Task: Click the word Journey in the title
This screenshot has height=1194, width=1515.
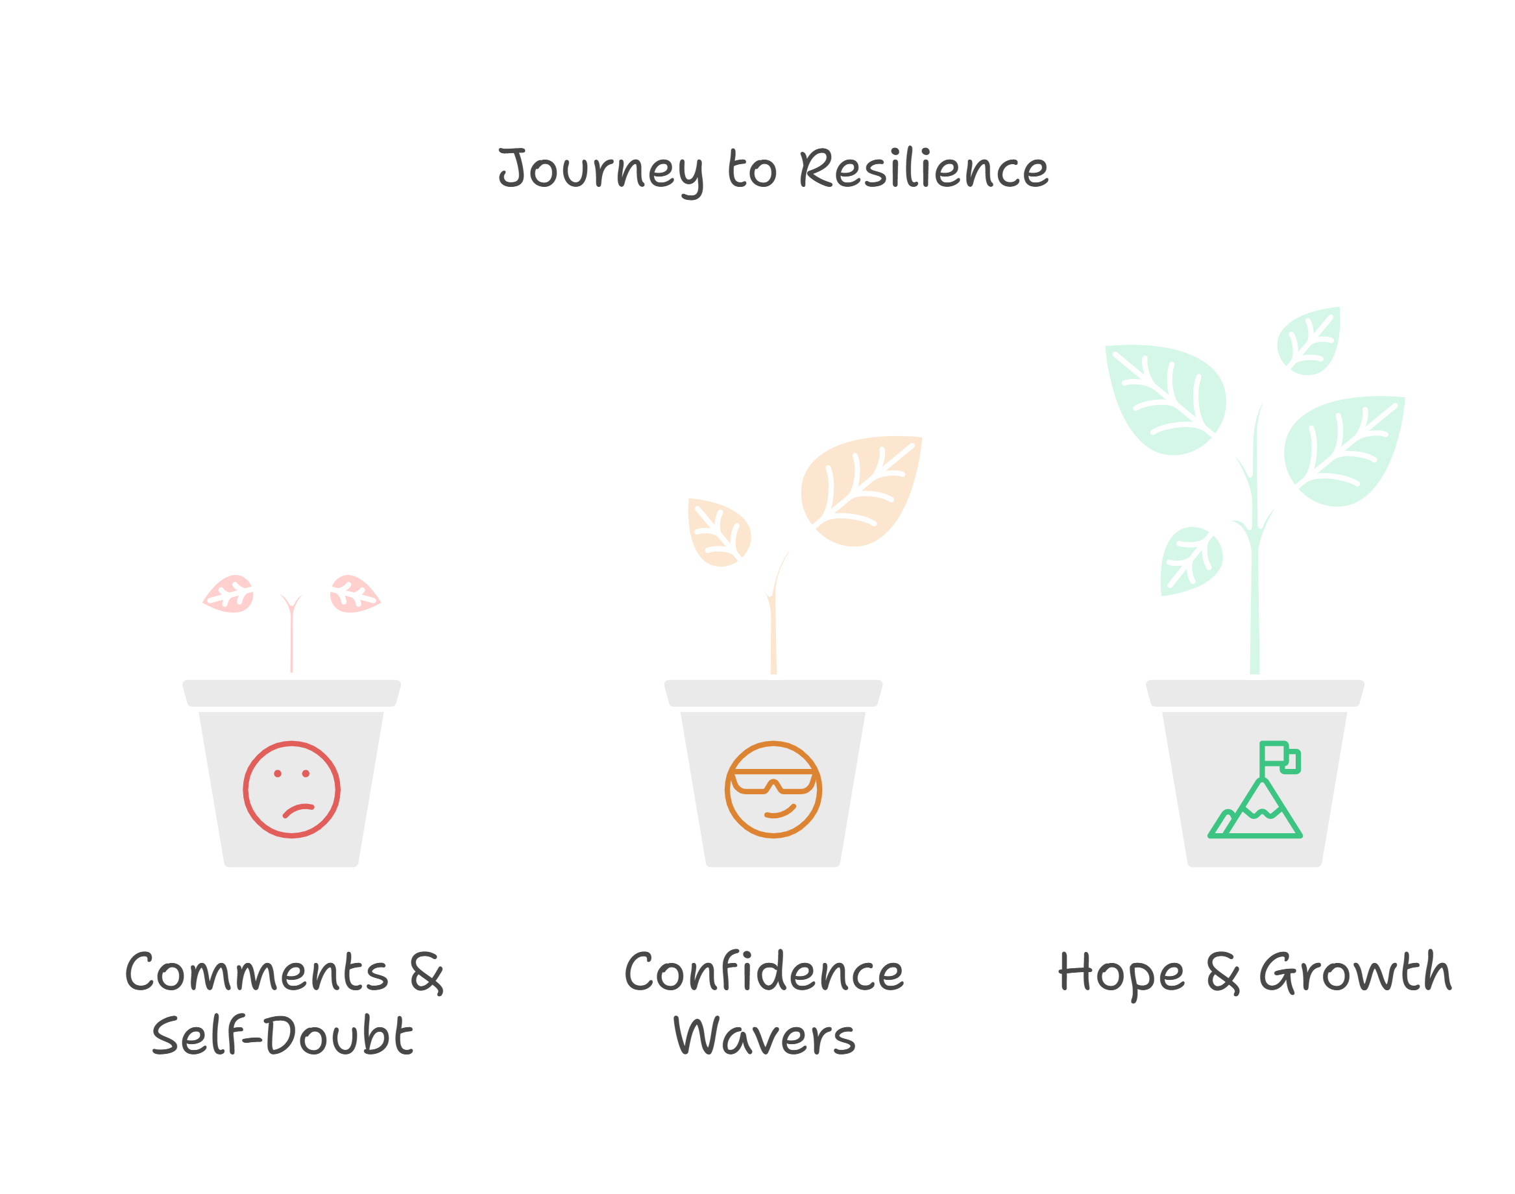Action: [x=601, y=170]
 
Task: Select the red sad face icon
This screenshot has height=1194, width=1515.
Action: [x=291, y=789]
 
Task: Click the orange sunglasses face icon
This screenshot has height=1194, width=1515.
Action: [x=773, y=789]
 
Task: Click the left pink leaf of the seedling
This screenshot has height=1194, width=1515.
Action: [x=228, y=594]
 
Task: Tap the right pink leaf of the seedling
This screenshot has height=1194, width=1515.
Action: [x=354, y=594]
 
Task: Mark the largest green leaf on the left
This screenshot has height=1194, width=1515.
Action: [x=1165, y=398]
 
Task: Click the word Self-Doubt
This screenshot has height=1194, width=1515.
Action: [x=282, y=1036]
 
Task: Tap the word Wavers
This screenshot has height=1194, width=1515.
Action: [x=764, y=1037]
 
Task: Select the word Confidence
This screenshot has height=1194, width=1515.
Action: [x=764, y=973]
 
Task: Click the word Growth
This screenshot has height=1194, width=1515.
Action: [x=1355, y=973]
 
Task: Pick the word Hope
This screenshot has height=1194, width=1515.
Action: [x=1121, y=974]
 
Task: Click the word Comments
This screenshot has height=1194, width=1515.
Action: [x=256, y=973]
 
